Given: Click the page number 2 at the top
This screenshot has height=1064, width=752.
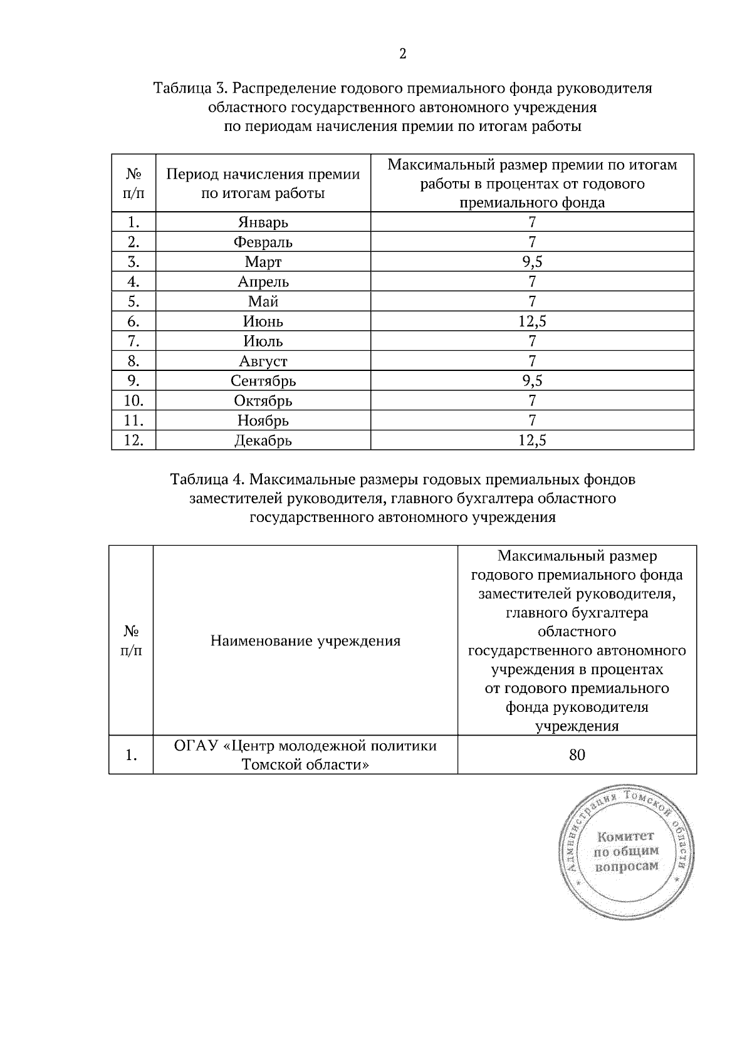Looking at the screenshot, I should (x=402, y=54).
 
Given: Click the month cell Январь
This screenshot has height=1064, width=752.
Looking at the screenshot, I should (x=263, y=222).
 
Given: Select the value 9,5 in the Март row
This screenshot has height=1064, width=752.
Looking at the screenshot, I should (x=532, y=262).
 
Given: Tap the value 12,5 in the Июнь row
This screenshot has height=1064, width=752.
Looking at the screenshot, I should (x=532, y=321).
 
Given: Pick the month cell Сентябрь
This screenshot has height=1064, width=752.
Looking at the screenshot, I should (x=263, y=381).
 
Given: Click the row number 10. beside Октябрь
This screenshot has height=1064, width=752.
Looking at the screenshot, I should (x=133, y=400).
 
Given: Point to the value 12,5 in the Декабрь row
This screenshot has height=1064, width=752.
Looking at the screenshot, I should (x=532, y=441).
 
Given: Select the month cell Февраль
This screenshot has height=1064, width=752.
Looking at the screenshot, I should (x=263, y=242).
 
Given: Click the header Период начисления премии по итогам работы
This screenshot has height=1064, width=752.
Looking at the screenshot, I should (x=263, y=184).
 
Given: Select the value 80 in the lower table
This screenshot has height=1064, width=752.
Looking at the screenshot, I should (x=577, y=755).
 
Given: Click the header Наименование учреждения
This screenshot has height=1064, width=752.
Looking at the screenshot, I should (x=305, y=641).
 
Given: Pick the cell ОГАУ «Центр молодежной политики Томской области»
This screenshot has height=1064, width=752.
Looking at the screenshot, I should (x=305, y=755).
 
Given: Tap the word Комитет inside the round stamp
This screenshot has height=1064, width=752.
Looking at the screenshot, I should (x=625, y=837).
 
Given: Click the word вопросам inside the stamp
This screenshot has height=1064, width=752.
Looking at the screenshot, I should (x=627, y=867).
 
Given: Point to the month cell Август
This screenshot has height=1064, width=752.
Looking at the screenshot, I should (x=263, y=361).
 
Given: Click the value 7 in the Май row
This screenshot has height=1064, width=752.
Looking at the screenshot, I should (x=532, y=301).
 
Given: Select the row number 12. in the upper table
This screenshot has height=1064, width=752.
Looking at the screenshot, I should (x=133, y=441).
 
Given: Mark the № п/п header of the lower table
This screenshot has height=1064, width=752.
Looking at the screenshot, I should (x=131, y=640).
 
